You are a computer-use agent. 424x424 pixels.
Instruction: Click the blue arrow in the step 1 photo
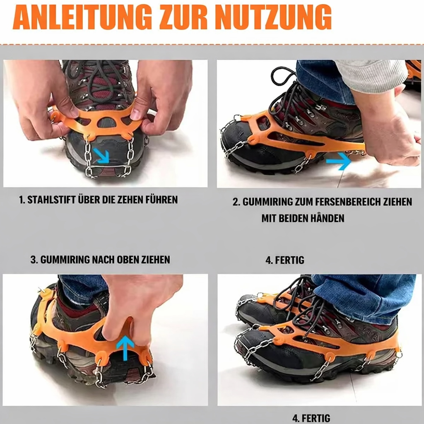click(x=100, y=156)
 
